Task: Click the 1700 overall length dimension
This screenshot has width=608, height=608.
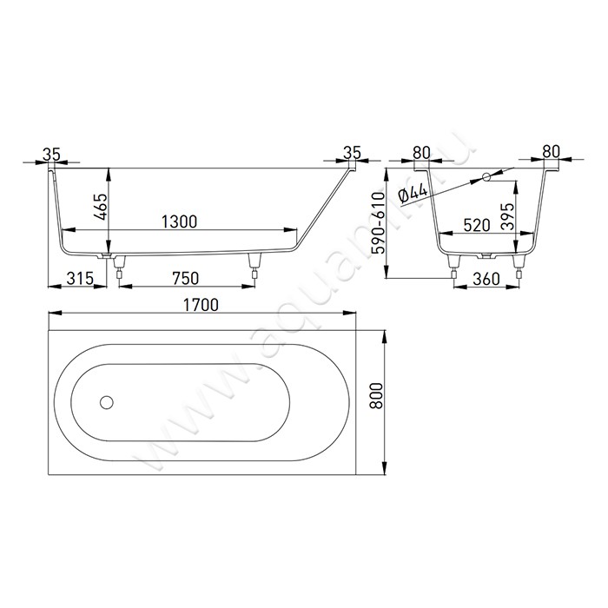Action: point(201,305)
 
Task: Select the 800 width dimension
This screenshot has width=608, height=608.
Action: point(376,395)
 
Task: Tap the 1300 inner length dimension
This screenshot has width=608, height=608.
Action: point(179,221)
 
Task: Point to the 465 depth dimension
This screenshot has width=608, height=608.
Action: point(102,207)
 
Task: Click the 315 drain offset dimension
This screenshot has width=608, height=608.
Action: point(80,278)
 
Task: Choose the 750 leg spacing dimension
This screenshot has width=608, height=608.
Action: point(185,278)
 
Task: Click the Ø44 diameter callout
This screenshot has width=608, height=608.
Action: point(413,193)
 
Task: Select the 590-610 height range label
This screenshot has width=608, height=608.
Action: point(378,223)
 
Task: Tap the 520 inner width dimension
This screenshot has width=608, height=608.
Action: point(477,225)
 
